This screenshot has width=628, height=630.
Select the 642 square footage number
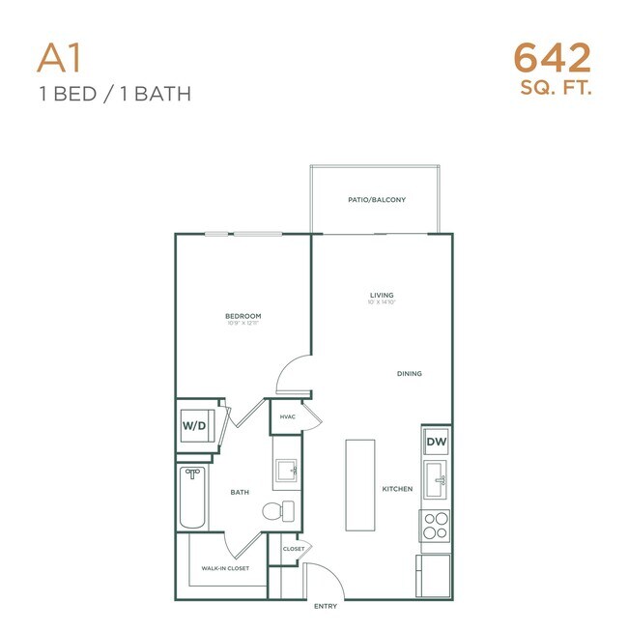(x=552, y=59)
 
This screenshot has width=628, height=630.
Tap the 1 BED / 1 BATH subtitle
(x=113, y=94)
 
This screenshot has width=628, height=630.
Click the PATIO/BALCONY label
(x=377, y=200)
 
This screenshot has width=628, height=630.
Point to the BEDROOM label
(x=243, y=316)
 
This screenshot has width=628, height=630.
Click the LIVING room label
(x=382, y=295)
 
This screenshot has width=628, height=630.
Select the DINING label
(x=410, y=373)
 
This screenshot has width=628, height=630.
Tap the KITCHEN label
(x=397, y=489)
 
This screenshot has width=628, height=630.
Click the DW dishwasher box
(x=437, y=441)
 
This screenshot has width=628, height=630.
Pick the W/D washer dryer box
(x=194, y=424)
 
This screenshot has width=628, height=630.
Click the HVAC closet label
(x=287, y=416)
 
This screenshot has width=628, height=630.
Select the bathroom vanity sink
(x=287, y=472)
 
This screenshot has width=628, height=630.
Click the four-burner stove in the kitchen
(x=436, y=526)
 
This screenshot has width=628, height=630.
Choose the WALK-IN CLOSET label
(x=225, y=568)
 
